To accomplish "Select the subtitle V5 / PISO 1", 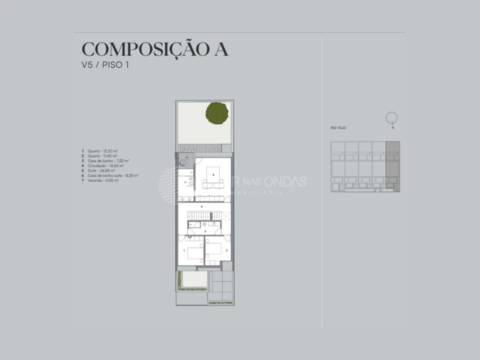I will point(105,65).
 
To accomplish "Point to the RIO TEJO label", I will point(338,128).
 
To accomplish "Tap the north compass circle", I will point(392,117).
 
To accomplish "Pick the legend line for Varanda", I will point(103,180).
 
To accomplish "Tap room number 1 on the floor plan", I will point(184,249).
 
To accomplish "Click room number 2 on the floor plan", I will point(226,250).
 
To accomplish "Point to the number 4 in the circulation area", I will point(201,206).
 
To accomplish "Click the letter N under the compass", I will point(393,128).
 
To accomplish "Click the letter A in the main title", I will point(220,49).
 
